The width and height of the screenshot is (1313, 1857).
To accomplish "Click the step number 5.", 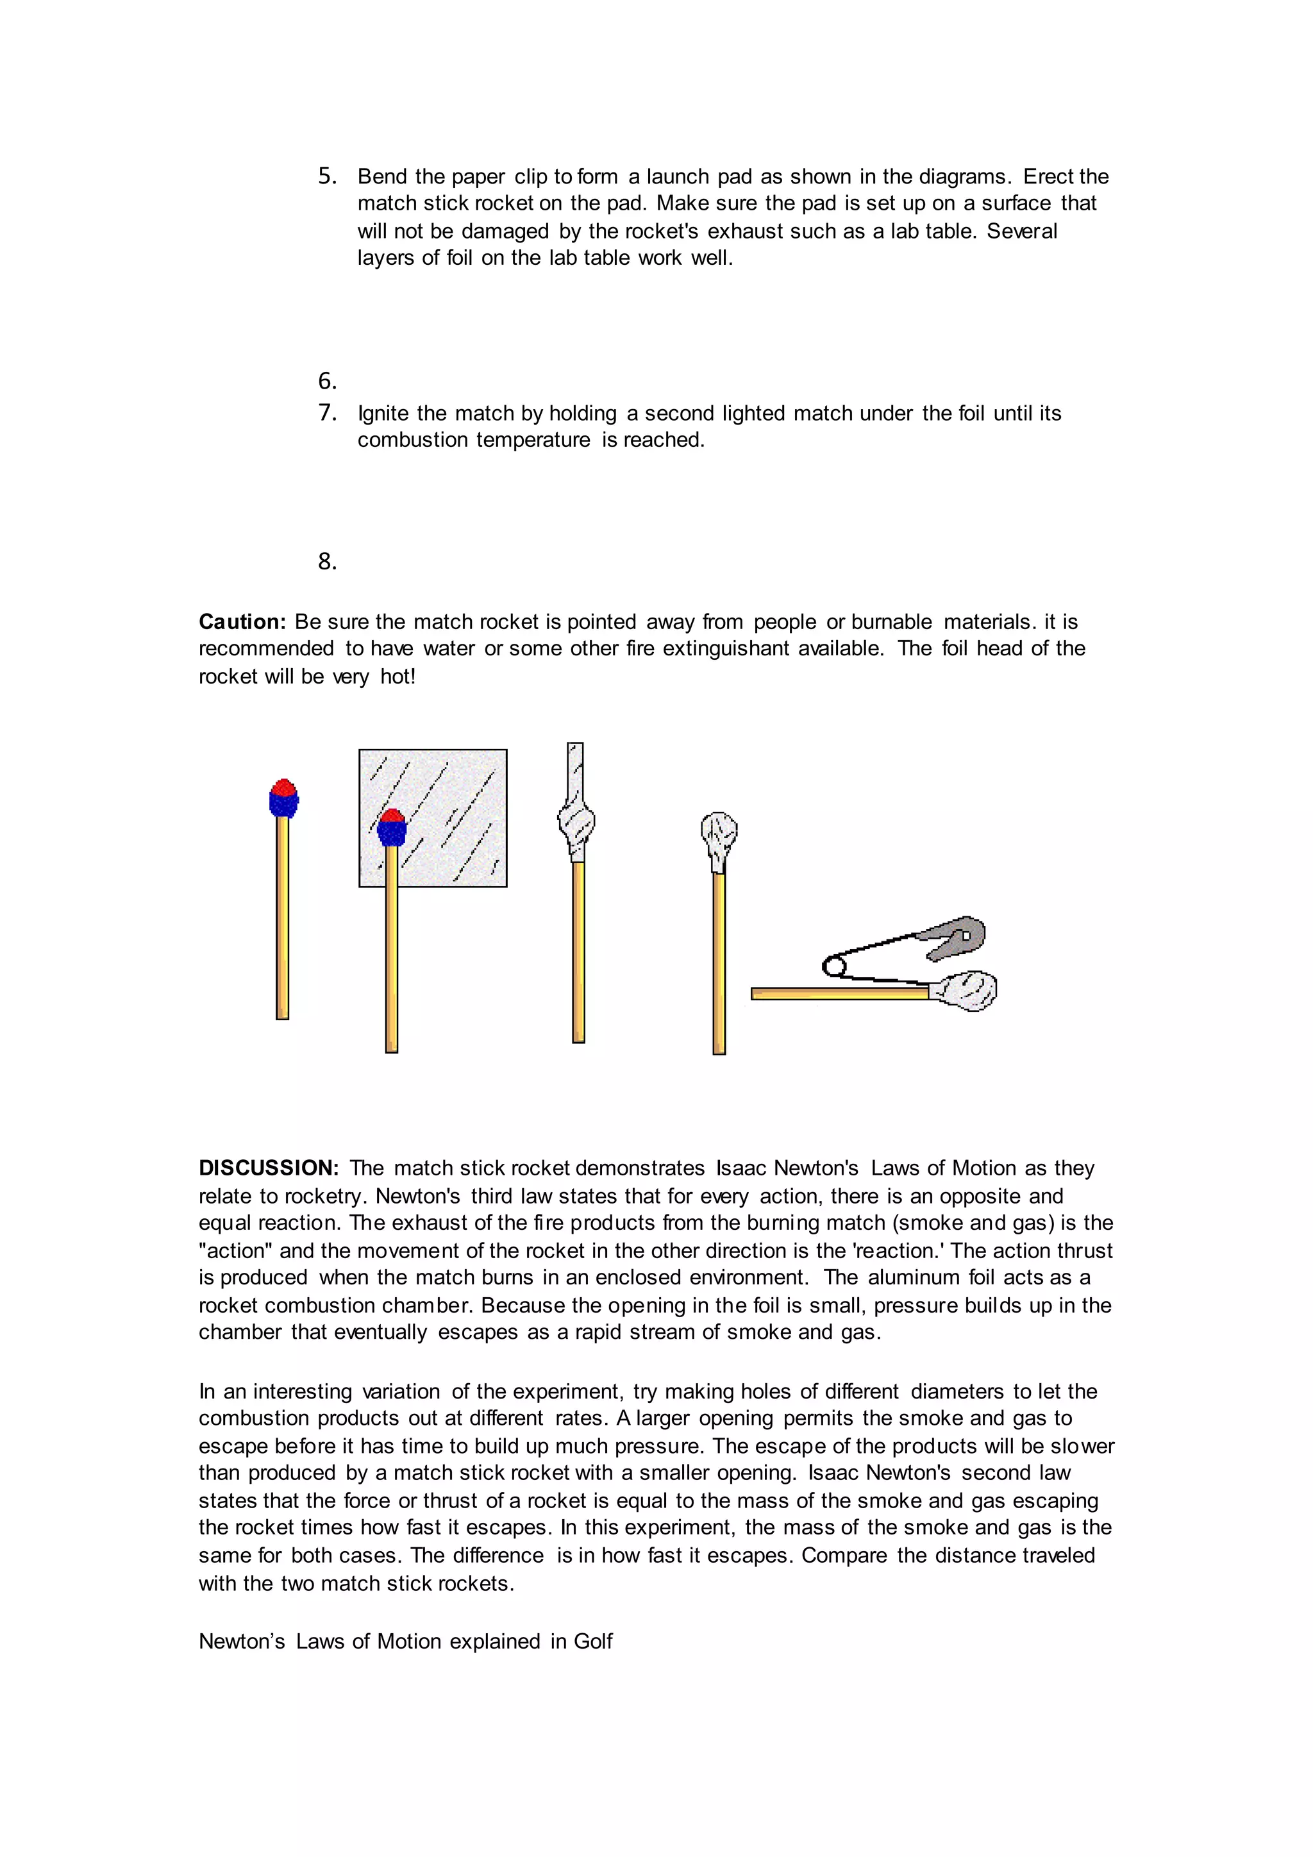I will point(326,176).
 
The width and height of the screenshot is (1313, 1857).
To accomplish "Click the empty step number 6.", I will point(326,381).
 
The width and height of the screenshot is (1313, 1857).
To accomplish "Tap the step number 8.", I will point(326,561).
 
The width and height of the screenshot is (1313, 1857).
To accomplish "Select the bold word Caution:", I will point(242,622).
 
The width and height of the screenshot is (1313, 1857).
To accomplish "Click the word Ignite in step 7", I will point(383,414).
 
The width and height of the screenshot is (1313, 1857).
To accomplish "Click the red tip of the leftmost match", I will point(283,787).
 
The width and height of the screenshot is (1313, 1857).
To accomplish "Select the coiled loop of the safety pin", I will point(833,966).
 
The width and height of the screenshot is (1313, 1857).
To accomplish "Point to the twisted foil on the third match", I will point(576,821).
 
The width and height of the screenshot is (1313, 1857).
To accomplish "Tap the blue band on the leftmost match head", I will point(284,804).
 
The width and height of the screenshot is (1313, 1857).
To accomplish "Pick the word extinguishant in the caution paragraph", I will point(725,649).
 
